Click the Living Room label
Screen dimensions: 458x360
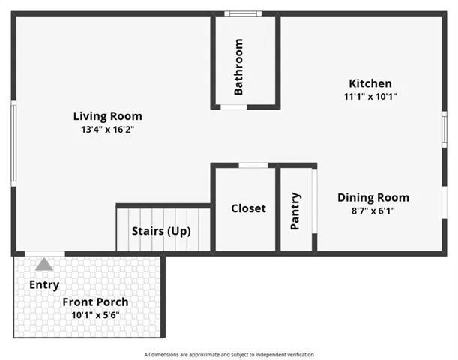[107, 116]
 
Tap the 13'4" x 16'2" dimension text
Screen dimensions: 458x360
[107, 130]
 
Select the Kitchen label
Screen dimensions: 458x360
[370, 83]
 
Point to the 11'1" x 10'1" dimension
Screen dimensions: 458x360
[370, 97]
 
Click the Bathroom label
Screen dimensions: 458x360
[238, 67]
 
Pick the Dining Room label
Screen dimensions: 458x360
[373, 197]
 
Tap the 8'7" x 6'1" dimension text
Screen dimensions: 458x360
[373, 211]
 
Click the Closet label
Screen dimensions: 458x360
[248, 208]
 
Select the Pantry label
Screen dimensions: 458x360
[295, 211]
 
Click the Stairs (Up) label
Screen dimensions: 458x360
[161, 231]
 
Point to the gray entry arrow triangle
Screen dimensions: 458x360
[44, 264]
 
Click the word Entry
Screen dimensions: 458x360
[44, 284]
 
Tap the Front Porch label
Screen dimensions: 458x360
[95, 301]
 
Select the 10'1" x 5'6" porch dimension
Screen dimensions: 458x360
[95, 315]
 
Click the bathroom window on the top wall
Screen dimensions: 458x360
[243, 13]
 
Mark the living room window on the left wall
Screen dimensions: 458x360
[13, 143]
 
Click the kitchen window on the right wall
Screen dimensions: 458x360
[445, 130]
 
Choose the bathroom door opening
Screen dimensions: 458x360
[234, 107]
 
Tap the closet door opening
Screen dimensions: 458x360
[253, 166]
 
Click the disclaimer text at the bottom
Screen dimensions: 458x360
[229, 355]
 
